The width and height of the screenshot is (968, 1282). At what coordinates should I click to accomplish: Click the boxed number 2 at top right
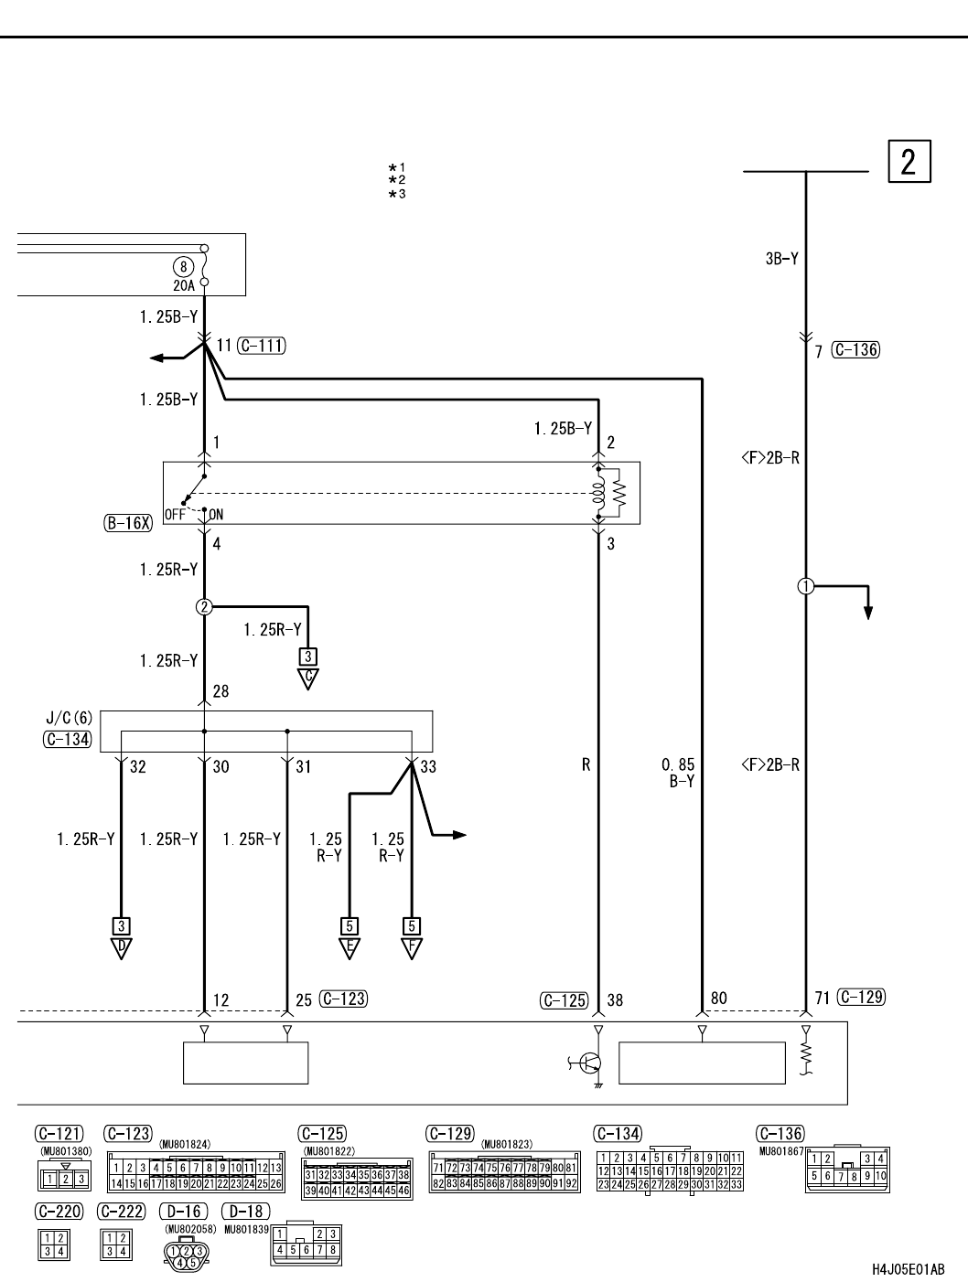[x=908, y=162]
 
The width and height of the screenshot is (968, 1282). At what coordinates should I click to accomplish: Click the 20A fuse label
[x=184, y=285]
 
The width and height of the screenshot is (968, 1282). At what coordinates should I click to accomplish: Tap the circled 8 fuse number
[x=184, y=266]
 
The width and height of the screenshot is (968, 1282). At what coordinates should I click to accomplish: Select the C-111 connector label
[x=261, y=346]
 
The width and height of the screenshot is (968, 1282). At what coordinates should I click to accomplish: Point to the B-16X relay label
[x=127, y=524]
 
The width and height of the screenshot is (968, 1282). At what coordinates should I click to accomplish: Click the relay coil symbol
[x=599, y=494]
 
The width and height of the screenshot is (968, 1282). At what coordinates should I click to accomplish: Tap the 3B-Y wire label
[x=781, y=259]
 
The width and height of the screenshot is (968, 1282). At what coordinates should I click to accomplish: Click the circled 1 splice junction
[x=806, y=586]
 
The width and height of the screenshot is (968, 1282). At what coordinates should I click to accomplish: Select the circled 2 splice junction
[x=204, y=606]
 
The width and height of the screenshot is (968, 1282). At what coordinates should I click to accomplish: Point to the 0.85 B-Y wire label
[x=677, y=773]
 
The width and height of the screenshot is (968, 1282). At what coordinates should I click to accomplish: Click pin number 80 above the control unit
[x=719, y=999]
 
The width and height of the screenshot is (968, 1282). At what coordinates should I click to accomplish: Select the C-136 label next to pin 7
[x=856, y=350]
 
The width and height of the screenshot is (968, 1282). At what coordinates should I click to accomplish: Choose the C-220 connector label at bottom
[x=59, y=1212]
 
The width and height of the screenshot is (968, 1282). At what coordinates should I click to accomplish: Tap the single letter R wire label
[x=586, y=765]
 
